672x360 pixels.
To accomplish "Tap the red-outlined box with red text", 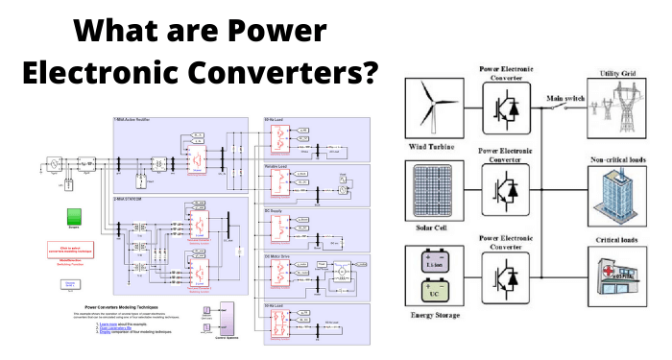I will pos(72,250).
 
